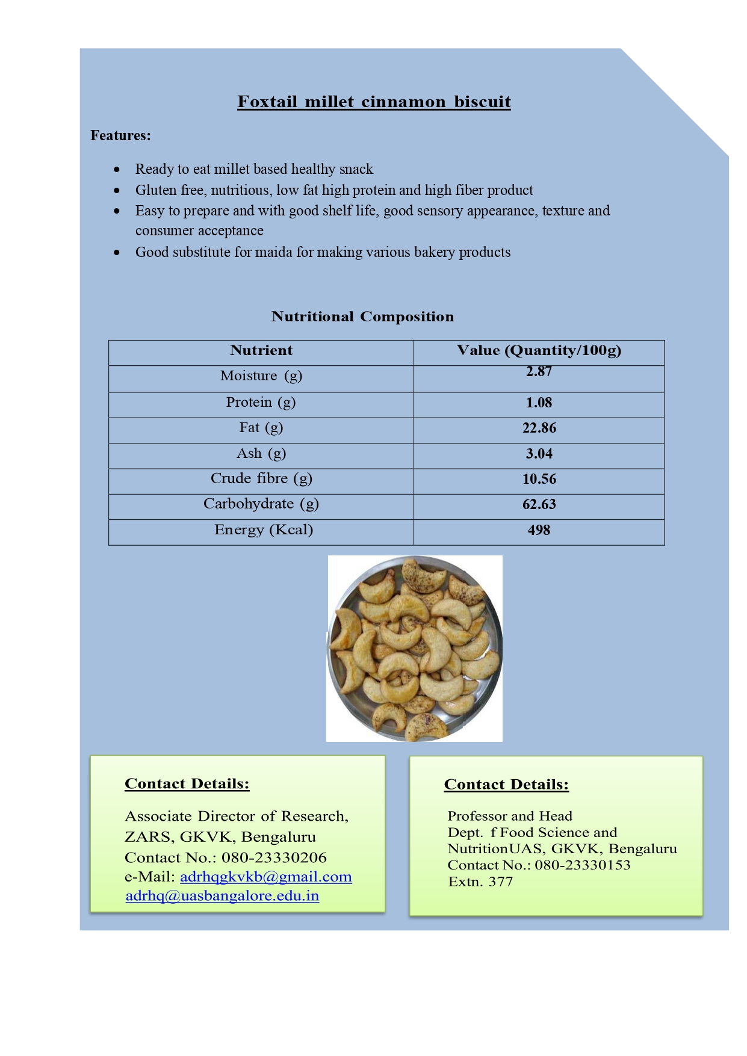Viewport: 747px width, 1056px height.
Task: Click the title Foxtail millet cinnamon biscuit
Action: click(x=374, y=102)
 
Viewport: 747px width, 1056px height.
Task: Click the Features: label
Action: click(x=120, y=135)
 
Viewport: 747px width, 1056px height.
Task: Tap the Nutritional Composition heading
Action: click(x=362, y=316)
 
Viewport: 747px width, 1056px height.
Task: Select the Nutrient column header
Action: click(x=261, y=350)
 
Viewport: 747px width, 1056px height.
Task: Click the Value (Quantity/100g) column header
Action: click(x=539, y=350)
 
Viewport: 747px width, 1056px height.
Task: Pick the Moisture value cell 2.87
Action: click(x=539, y=372)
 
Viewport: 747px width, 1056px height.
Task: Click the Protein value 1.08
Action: click(x=539, y=403)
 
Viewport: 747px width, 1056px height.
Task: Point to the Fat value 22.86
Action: click(x=539, y=428)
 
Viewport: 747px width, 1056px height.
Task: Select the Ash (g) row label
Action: click(x=261, y=453)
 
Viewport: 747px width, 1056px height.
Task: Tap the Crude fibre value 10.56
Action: click(x=539, y=479)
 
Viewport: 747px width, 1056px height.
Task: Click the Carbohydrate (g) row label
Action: click(x=261, y=504)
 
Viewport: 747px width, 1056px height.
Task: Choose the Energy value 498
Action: click(x=539, y=530)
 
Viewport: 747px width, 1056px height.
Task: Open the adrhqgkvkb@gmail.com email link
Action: click(x=265, y=877)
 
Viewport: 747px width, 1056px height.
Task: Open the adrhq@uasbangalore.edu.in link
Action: click(x=222, y=896)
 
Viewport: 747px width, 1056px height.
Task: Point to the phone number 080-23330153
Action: click(x=583, y=865)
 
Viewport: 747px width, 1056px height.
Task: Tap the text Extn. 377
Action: click(x=480, y=882)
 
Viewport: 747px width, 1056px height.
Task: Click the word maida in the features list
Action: click(x=274, y=252)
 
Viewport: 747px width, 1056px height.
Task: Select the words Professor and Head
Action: click(x=510, y=816)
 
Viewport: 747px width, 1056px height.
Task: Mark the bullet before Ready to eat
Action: click(x=117, y=170)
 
